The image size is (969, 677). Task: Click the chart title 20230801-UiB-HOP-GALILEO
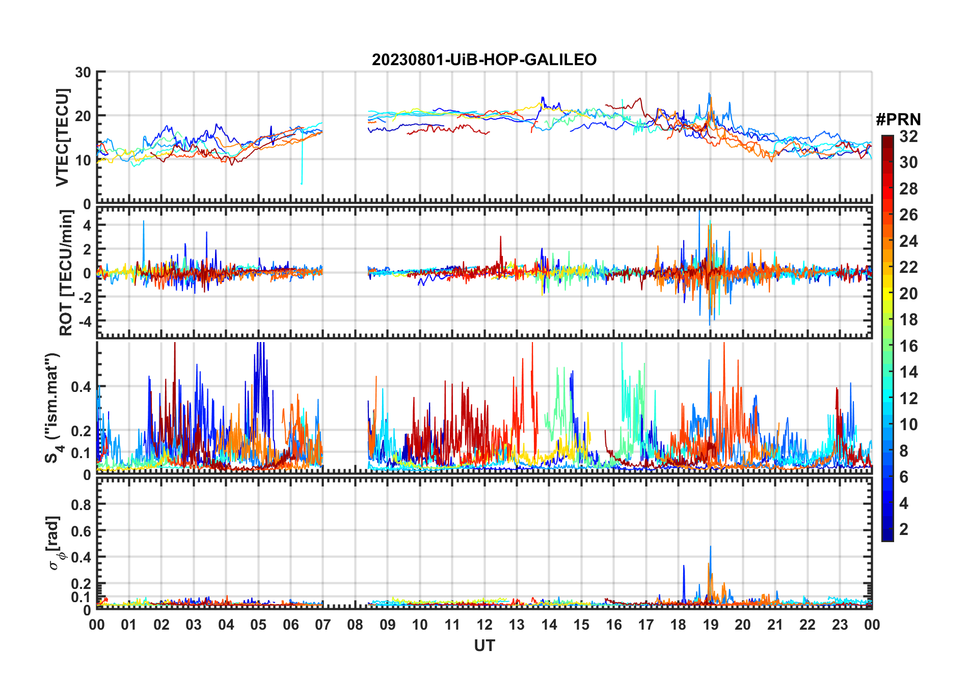[x=484, y=60]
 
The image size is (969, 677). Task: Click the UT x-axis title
[x=484, y=645]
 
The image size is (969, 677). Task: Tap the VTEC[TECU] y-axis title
[x=62, y=137]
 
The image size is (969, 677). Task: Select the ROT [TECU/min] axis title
[x=66, y=272]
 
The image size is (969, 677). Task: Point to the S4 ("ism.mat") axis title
[x=52, y=407]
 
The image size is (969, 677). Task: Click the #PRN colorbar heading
[x=898, y=120]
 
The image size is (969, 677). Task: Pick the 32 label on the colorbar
[x=908, y=136]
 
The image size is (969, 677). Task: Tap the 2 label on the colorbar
[x=904, y=529]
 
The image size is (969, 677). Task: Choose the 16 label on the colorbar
[x=908, y=346]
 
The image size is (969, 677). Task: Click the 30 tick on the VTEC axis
[x=83, y=72]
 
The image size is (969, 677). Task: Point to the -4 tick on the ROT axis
[x=85, y=321]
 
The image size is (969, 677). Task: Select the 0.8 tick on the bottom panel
[x=81, y=504]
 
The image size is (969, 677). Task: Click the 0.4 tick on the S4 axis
[x=81, y=387]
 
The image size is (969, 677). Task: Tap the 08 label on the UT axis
[x=355, y=625]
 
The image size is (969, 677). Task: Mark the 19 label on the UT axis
[x=710, y=625]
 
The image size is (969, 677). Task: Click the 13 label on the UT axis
[x=517, y=625]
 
